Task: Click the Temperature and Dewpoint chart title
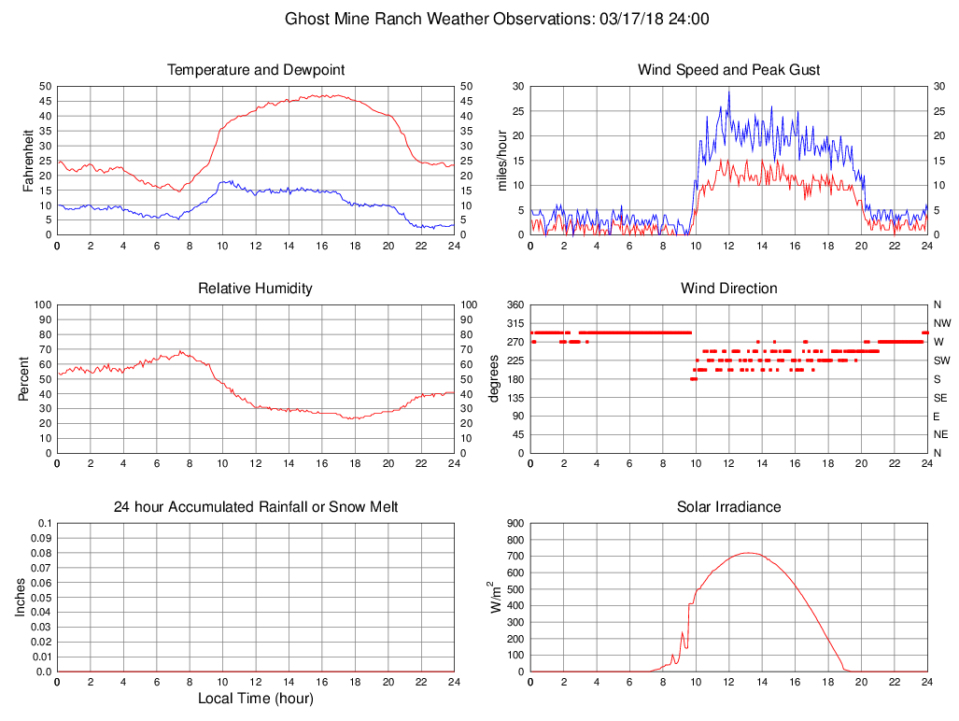point(255,70)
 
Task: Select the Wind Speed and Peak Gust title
point(728,70)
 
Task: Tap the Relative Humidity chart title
point(255,289)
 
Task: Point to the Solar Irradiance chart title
point(728,507)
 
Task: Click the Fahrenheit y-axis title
point(28,160)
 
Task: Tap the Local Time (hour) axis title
point(255,699)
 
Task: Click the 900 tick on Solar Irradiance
point(515,523)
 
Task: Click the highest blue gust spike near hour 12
point(729,92)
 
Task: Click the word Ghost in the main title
point(306,19)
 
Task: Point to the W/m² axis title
point(497,597)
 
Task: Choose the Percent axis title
point(23,378)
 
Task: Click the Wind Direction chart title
point(728,289)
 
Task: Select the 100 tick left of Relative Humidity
point(41,304)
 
